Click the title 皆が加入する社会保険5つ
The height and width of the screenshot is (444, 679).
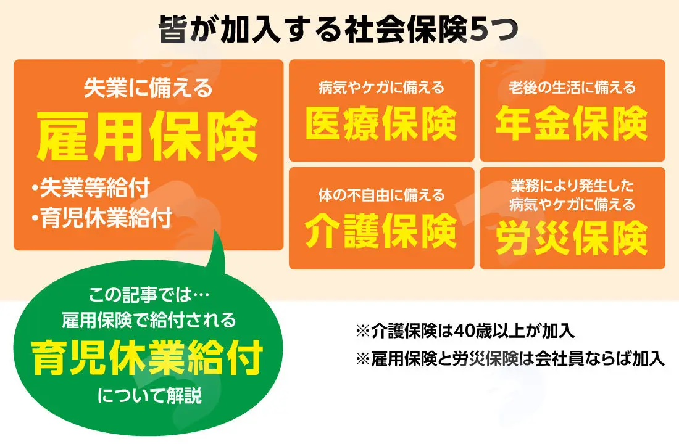(x=339, y=29)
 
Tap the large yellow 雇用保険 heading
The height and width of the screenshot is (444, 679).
(x=148, y=136)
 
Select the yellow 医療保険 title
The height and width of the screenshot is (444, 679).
(x=381, y=124)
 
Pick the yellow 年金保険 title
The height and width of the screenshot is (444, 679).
(x=572, y=124)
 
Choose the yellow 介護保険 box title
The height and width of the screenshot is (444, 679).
(x=381, y=231)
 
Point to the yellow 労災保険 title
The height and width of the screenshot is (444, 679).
(x=572, y=238)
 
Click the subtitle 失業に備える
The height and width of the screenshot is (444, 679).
(x=149, y=88)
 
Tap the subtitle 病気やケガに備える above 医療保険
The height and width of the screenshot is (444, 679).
(x=381, y=88)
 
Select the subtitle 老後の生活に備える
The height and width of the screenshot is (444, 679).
(x=572, y=88)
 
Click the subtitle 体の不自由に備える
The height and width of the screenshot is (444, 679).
(x=381, y=195)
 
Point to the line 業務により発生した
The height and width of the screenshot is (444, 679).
(x=572, y=186)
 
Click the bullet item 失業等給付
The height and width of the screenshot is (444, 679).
(x=91, y=188)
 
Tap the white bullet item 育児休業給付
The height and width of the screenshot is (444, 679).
(x=102, y=218)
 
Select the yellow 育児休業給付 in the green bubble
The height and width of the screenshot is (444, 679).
(x=148, y=358)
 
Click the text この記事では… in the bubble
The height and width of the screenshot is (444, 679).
(x=149, y=295)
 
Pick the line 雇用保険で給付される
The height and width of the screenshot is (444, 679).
(x=149, y=321)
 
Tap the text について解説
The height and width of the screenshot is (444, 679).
(x=150, y=395)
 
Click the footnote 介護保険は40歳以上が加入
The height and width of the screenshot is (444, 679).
(x=465, y=332)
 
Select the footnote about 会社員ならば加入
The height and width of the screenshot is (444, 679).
(x=510, y=359)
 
